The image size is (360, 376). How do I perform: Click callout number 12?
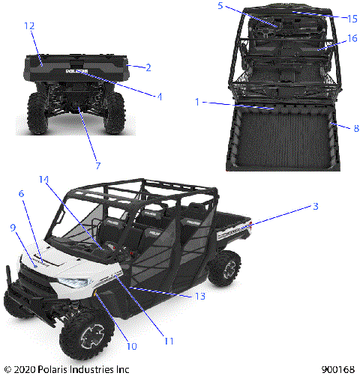pos(29,25)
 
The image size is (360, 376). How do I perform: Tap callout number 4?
pos(157,95)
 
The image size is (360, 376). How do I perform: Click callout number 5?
pos(220,6)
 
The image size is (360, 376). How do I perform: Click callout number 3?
pos(316,206)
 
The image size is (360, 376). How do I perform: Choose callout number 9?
pos(13,226)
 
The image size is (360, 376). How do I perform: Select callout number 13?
pos(199,296)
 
